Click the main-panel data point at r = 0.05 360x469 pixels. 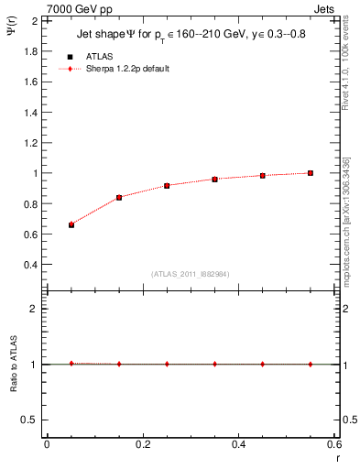(71, 224)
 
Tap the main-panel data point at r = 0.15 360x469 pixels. (119, 197)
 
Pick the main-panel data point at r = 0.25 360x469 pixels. (167, 185)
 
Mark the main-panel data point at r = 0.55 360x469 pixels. (311, 173)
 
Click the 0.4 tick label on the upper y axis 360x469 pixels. (30, 265)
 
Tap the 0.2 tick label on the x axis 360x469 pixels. (143, 444)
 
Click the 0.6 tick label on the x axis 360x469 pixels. (333, 444)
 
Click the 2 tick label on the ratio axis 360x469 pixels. (34, 309)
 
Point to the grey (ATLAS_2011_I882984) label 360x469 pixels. (191, 274)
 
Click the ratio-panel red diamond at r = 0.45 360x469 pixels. (263, 364)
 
